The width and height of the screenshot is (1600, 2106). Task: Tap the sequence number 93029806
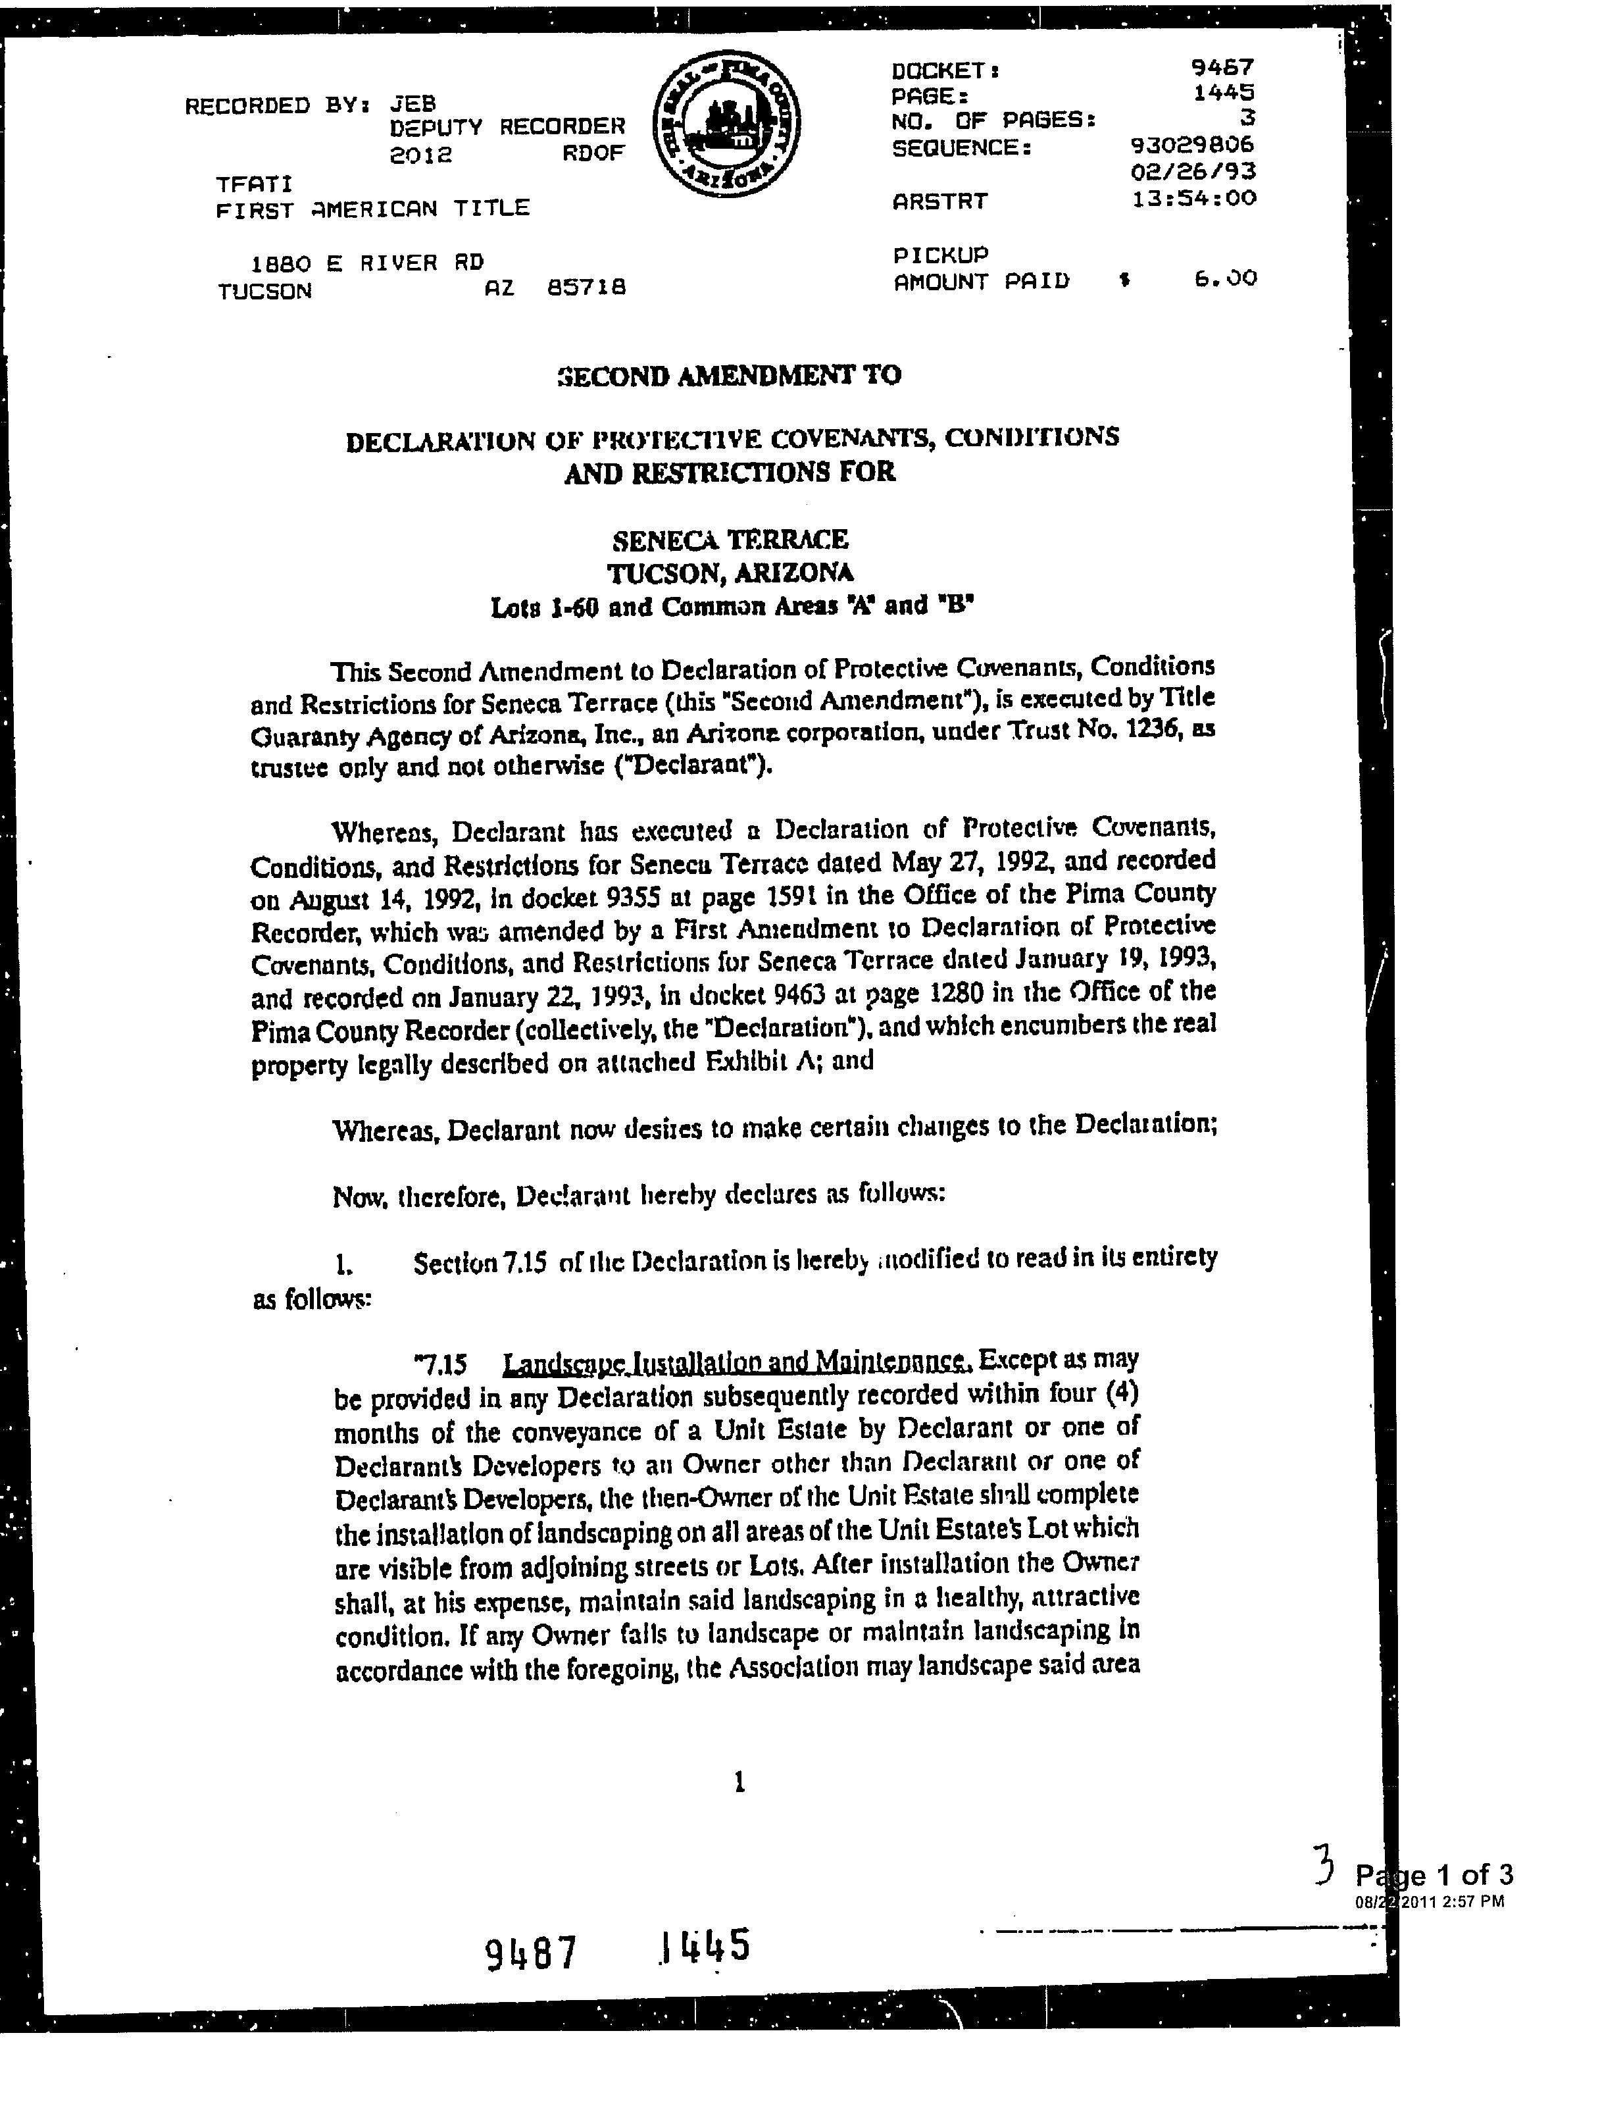1191,145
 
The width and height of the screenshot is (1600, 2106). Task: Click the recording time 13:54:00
1193,198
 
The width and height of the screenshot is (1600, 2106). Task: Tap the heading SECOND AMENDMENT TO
728,375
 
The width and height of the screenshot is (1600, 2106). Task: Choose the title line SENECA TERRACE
730,540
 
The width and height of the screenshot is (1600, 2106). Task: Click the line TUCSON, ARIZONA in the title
730,573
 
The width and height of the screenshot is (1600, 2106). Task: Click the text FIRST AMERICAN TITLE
372,209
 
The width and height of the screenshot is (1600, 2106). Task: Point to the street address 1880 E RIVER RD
366,262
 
